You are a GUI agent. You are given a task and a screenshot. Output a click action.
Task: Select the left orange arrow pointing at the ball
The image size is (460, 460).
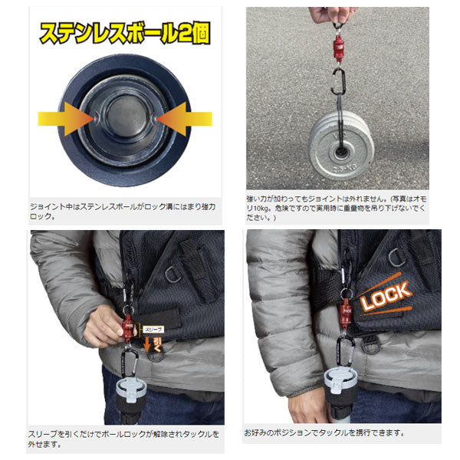point(65,119)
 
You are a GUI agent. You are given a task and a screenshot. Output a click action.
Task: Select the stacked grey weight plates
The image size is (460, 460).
point(337,149)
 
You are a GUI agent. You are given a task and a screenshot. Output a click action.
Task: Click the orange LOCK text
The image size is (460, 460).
point(386,297)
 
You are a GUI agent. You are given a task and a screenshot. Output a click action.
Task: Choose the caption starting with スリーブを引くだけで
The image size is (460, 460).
point(123,439)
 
